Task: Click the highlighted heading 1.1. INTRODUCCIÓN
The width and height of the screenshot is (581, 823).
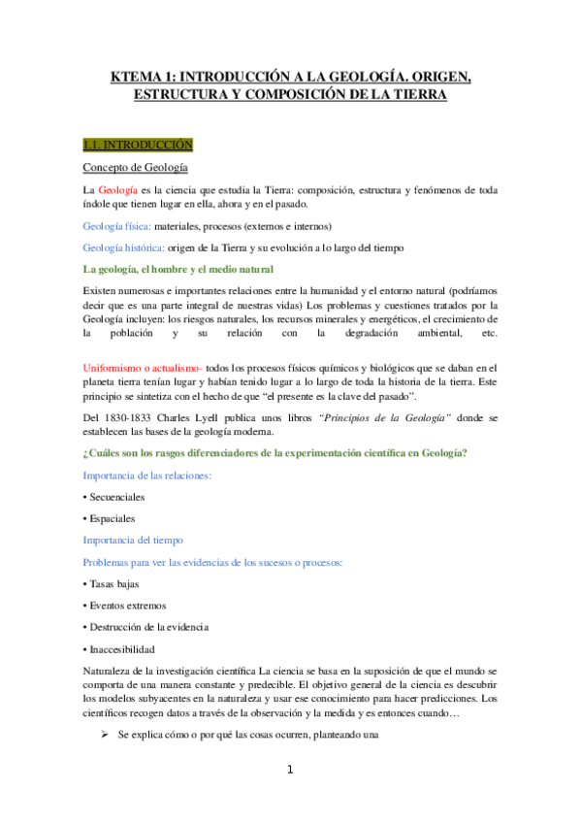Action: tap(138, 146)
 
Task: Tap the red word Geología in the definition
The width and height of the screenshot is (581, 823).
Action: tap(119, 189)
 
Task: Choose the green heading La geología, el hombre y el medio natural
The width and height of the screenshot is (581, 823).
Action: tap(178, 269)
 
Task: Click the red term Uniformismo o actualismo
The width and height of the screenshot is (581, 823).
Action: tap(144, 368)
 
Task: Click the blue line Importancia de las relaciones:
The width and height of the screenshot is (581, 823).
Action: tap(147, 477)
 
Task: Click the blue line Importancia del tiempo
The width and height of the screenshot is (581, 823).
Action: tap(133, 540)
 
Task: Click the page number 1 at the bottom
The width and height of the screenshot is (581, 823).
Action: tap(290, 771)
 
